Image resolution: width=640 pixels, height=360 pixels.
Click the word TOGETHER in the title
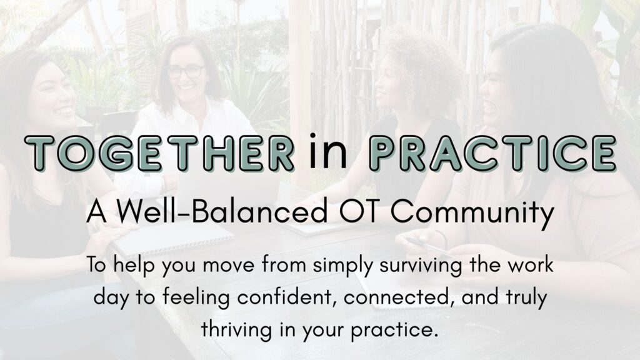coord(159,152)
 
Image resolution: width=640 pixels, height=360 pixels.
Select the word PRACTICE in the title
coord(492,152)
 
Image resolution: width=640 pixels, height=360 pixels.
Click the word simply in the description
coord(343,266)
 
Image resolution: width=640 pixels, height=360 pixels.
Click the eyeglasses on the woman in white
coord(185,71)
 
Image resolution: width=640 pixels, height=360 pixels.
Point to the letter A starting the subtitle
coord(97,212)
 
